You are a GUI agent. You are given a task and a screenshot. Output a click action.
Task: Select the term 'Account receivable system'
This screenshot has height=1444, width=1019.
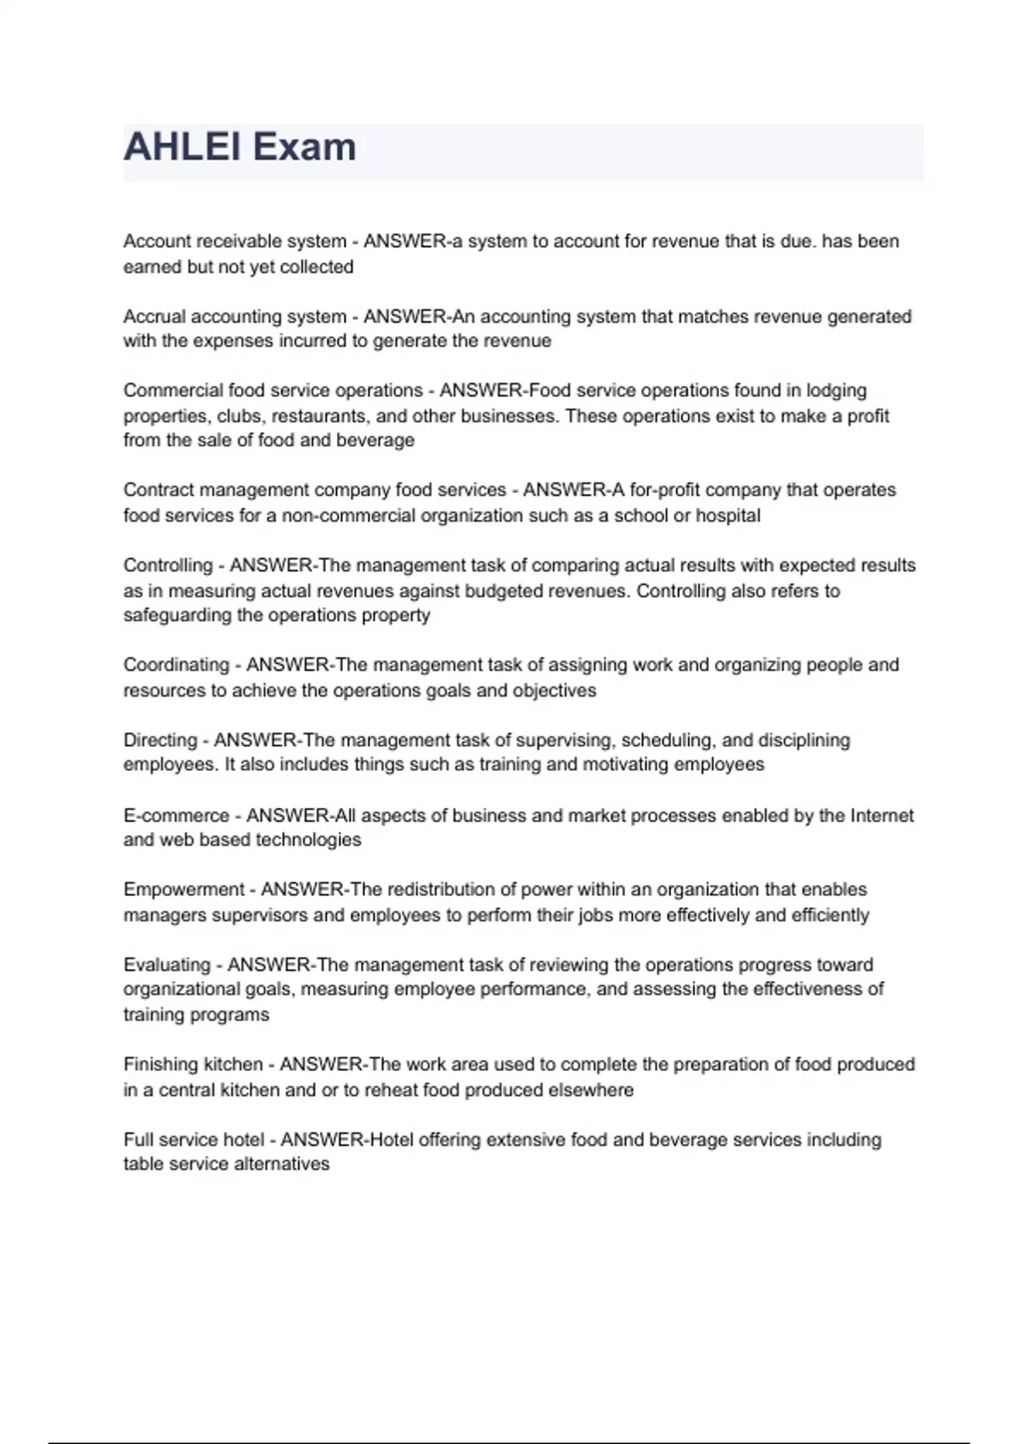coord(234,241)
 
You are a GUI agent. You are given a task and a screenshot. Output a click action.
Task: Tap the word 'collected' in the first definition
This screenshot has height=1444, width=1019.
coord(316,267)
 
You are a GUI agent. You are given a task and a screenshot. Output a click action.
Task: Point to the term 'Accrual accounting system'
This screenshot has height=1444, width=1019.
coord(234,317)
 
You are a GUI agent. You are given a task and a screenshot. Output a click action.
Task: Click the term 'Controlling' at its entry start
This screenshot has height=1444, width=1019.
coord(168,566)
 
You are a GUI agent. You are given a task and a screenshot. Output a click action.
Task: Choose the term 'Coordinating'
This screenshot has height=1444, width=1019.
coord(176,665)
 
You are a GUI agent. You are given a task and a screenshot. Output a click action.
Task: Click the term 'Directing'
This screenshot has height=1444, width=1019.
coord(160,740)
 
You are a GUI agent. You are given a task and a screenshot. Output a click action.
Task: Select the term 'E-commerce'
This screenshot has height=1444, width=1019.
coord(176,815)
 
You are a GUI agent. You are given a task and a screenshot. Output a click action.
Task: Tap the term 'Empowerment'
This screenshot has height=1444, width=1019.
coord(183,890)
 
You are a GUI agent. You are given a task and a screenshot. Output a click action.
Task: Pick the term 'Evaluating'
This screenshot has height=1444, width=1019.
coord(166,965)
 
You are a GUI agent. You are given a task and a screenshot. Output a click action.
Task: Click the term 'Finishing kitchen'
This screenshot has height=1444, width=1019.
coord(193,1064)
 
